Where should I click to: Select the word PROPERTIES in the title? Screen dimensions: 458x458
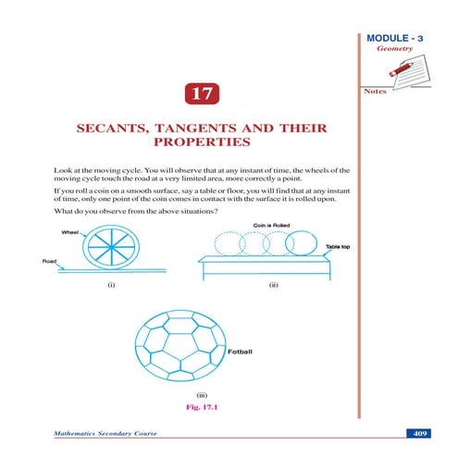(x=202, y=146)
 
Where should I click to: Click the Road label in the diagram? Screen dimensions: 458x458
(x=50, y=261)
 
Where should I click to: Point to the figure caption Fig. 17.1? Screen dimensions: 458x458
(x=201, y=405)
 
